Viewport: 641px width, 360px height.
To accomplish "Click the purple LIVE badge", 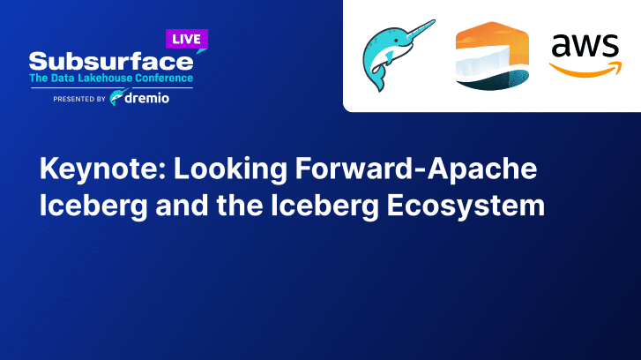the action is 187,40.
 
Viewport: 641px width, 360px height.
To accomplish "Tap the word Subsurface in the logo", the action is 111,62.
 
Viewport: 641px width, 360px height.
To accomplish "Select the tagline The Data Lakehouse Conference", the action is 111,79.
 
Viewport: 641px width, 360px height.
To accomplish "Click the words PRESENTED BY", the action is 79,99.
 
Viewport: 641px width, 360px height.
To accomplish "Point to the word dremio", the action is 146,98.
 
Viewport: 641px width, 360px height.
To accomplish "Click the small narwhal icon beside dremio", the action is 116,98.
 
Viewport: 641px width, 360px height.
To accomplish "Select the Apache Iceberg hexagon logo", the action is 492,56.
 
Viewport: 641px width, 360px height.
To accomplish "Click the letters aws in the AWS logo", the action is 585,46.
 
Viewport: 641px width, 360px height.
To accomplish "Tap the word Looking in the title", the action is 230,169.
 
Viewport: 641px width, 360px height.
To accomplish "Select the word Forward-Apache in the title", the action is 416,169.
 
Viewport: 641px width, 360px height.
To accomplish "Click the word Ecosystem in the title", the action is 466,206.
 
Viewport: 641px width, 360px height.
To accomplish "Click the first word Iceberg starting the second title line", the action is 93,206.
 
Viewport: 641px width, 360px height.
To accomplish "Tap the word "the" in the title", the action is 240,205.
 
